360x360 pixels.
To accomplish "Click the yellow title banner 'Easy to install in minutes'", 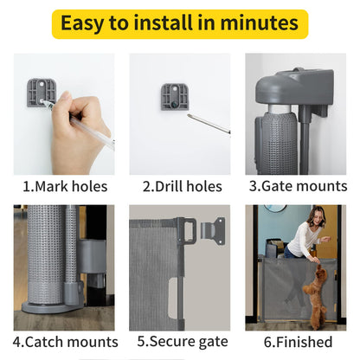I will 179,23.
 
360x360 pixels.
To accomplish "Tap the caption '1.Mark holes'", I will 64,186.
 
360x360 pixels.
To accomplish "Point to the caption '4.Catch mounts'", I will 64,342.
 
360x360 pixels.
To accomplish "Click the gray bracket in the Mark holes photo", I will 41,92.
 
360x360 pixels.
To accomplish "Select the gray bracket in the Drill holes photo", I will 174,95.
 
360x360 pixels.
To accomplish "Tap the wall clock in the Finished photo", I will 274,209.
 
